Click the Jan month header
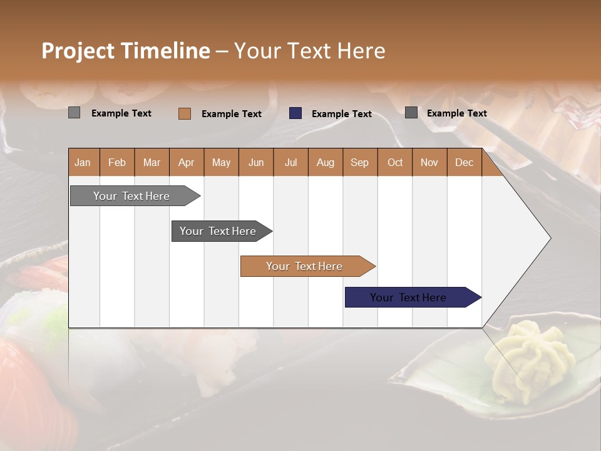tap(83, 163)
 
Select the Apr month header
tap(187, 163)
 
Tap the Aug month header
tap(325, 163)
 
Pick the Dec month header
tap(464, 163)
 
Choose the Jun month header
tap(256, 163)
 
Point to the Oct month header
tap(395, 163)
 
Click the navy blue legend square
tap(295, 113)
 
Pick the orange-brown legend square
tap(185, 113)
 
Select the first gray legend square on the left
tap(74, 113)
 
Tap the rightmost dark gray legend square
tap(411, 113)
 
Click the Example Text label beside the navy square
tap(341, 114)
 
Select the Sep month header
tap(359, 163)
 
